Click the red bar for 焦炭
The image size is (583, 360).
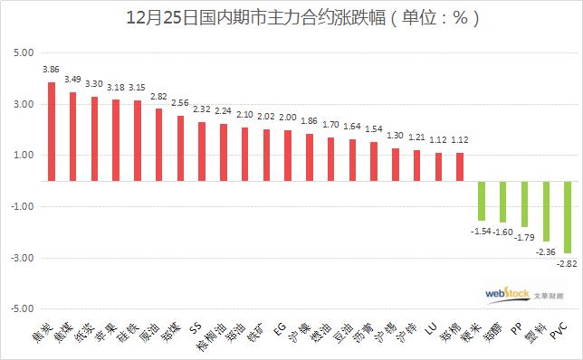pos(52,131)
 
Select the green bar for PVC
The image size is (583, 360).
pos(568,216)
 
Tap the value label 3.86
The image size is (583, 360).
pos(52,69)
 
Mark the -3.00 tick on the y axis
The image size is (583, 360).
pos(20,258)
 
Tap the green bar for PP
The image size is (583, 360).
pos(524,204)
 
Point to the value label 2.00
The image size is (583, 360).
pos(288,118)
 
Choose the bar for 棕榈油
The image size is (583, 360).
pos(224,152)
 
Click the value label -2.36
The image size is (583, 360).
pos(547,252)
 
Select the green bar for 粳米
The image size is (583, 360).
pos(482,200)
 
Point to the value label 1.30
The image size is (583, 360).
pos(396,136)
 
